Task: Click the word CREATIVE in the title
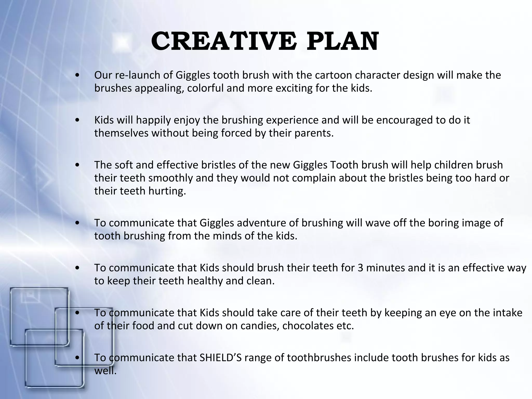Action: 223,42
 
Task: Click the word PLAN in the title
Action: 342,42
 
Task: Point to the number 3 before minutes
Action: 360,268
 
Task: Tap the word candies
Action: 260,326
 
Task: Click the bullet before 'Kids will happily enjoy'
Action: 77,120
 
